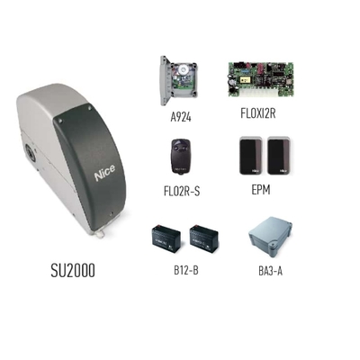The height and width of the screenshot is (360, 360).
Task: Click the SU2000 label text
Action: (73, 270)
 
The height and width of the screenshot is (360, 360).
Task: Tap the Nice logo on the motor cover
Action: (104, 173)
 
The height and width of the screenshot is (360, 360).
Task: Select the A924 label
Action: (181, 117)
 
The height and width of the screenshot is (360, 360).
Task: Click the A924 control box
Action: (179, 80)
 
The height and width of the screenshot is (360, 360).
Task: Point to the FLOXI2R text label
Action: (258, 113)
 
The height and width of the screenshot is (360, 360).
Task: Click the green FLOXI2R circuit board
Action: (261, 79)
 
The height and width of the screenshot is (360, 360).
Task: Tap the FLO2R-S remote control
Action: (182, 156)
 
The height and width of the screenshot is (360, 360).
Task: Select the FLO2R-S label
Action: (182, 191)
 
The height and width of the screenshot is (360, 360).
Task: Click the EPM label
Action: (261, 190)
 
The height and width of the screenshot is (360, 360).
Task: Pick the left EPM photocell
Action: (251, 156)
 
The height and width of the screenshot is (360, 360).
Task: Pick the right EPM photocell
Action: (279, 156)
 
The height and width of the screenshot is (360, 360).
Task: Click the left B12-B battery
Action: (166, 239)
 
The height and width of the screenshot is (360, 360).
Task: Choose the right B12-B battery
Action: (204, 239)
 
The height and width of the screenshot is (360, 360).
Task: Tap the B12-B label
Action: (186, 270)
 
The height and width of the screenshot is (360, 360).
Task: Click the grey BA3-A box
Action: (270, 239)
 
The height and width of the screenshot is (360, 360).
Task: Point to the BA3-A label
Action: (270, 271)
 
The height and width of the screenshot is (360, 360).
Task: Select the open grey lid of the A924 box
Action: (165, 80)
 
